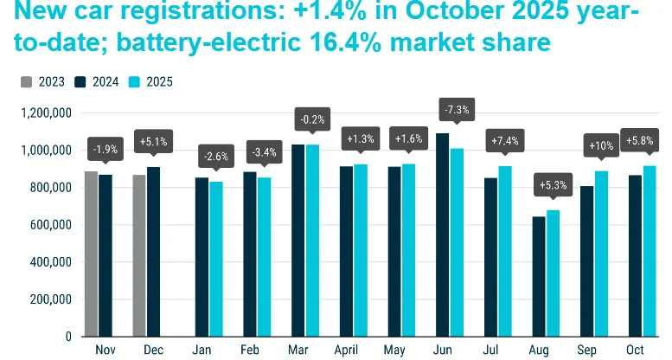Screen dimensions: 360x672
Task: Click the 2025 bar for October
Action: coord(650,251)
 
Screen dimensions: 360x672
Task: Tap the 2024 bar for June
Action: coord(443,235)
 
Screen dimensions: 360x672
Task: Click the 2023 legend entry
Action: coord(42,82)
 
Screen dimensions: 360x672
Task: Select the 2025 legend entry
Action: coord(152,82)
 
